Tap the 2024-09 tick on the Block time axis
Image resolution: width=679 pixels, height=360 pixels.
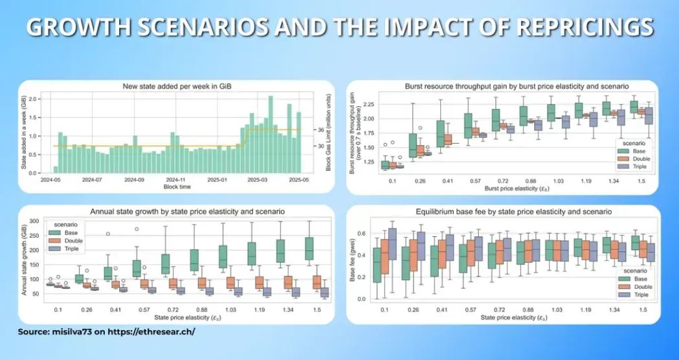pyautogui.click(x=135, y=179)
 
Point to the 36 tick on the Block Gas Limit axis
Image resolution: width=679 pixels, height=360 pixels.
pyautogui.click(x=321, y=130)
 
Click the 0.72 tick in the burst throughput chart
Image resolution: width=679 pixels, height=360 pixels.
pyautogui.click(x=496, y=180)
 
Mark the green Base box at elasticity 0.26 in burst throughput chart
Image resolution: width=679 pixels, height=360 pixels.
pyautogui.click(x=413, y=146)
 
